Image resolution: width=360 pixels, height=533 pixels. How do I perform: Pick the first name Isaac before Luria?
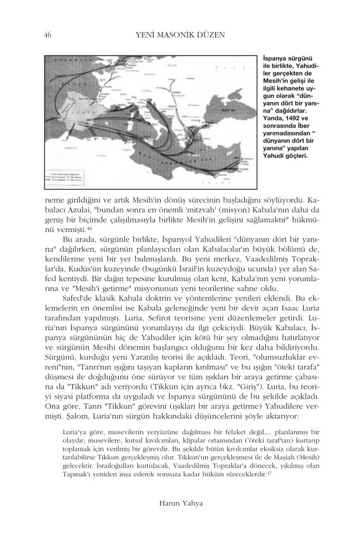(283, 309)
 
